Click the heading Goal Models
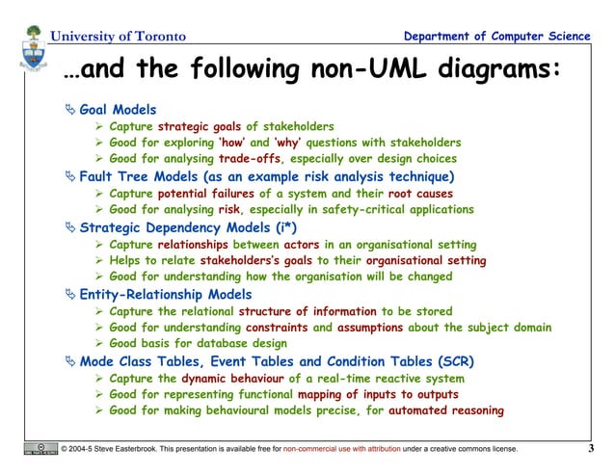click(118, 110)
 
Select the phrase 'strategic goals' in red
click(200, 126)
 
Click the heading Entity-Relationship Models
click(166, 294)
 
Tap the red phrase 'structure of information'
click(307, 311)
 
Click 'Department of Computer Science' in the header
click(497, 37)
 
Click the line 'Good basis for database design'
click(198, 344)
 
